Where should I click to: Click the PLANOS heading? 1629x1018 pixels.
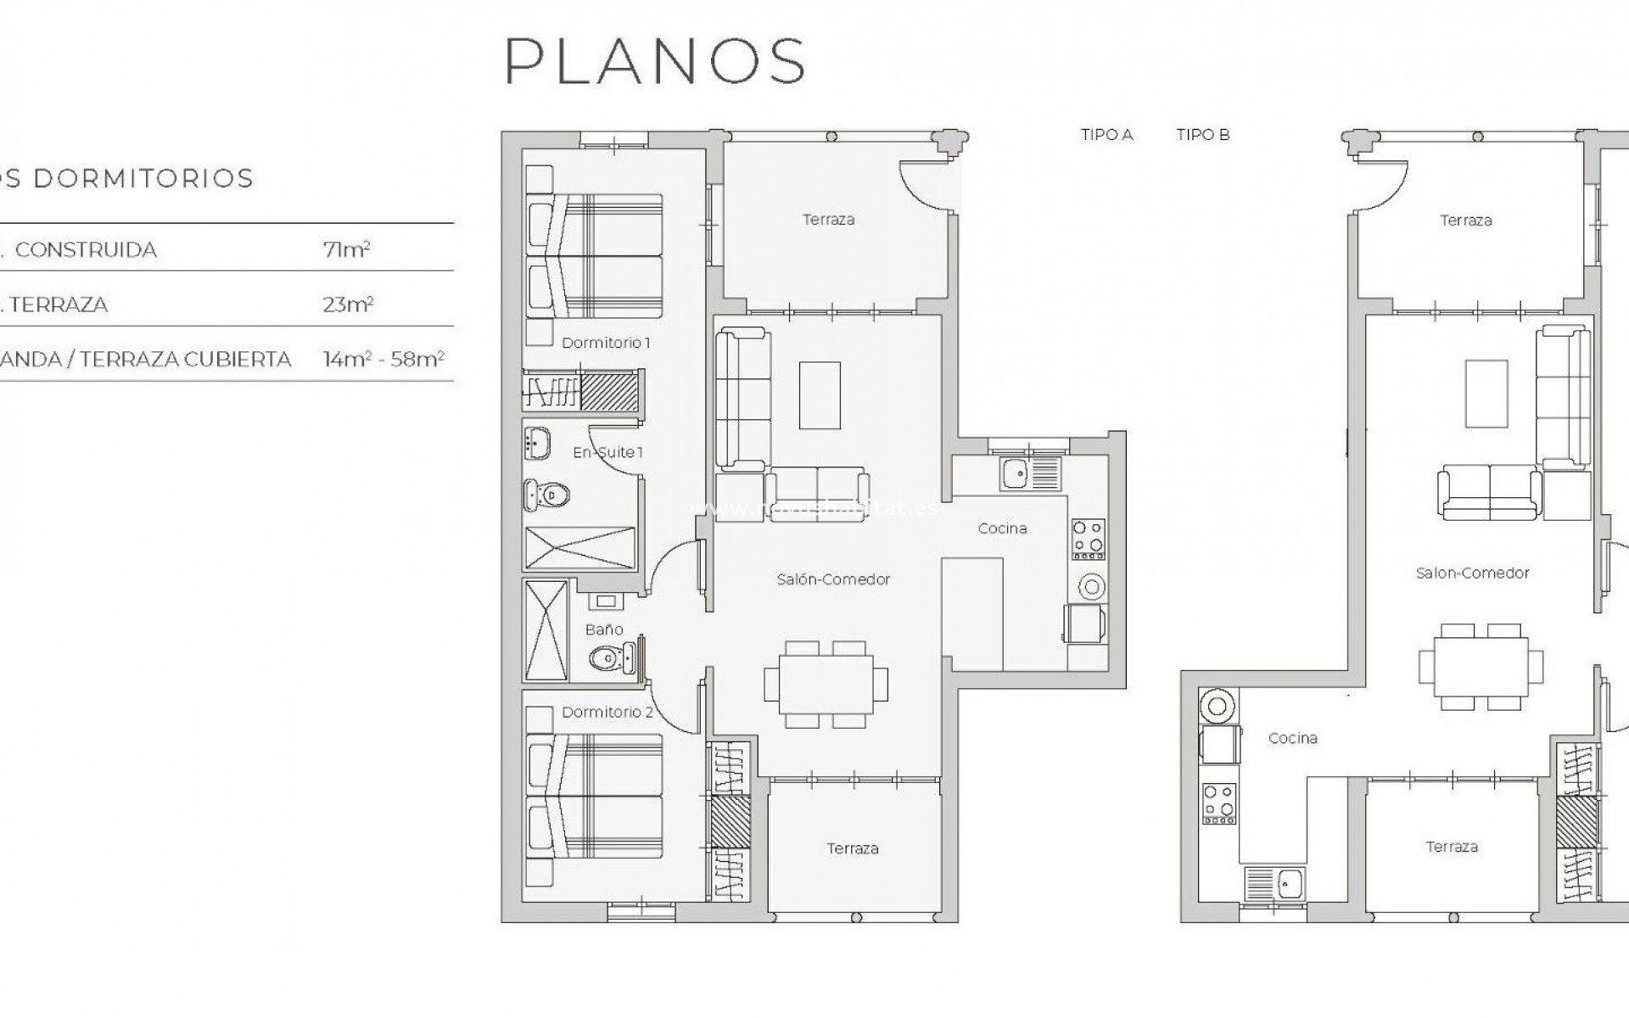[655, 61]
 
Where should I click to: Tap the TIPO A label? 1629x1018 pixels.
[1106, 135]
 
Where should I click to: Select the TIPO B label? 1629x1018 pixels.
[1202, 135]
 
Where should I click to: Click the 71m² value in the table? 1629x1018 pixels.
[346, 249]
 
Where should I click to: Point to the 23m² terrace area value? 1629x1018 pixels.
[348, 305]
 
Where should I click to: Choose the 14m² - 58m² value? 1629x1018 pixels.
[383, 360]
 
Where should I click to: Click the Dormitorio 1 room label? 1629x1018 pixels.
[606, 343]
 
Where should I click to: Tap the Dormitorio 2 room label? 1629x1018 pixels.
[607, 712]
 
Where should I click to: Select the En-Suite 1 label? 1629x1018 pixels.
[607, 452]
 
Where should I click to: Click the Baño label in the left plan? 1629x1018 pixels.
[604, 629]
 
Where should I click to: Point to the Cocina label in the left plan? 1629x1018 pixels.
[1002, 529]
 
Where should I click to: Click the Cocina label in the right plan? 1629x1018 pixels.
[1292, 738]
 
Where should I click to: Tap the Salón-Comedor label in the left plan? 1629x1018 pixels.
[833, 579]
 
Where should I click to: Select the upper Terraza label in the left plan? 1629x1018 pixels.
[828, 220]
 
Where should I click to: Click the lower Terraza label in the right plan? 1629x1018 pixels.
[1452, 847]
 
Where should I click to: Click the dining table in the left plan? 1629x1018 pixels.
[826, 684]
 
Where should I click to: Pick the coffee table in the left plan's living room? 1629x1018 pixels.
[820, 394]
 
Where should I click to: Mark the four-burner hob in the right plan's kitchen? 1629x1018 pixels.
[1218, 803]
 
